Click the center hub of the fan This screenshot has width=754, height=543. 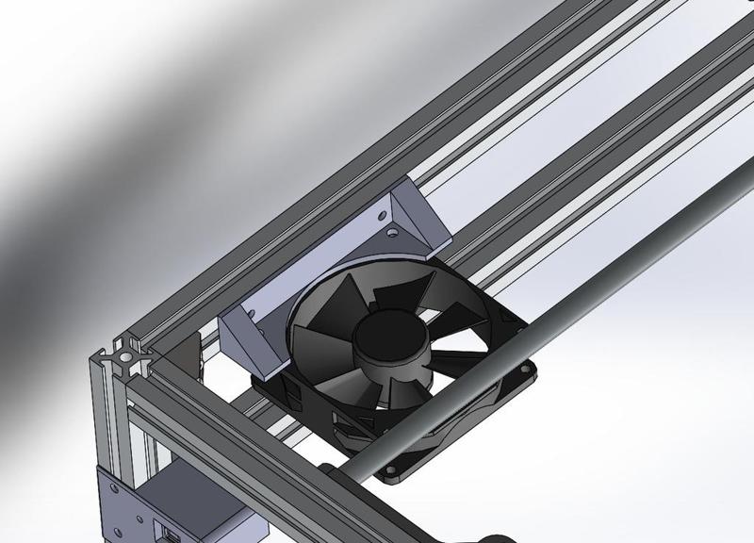pos(387,336)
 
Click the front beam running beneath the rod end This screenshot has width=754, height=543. pos(264,452)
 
